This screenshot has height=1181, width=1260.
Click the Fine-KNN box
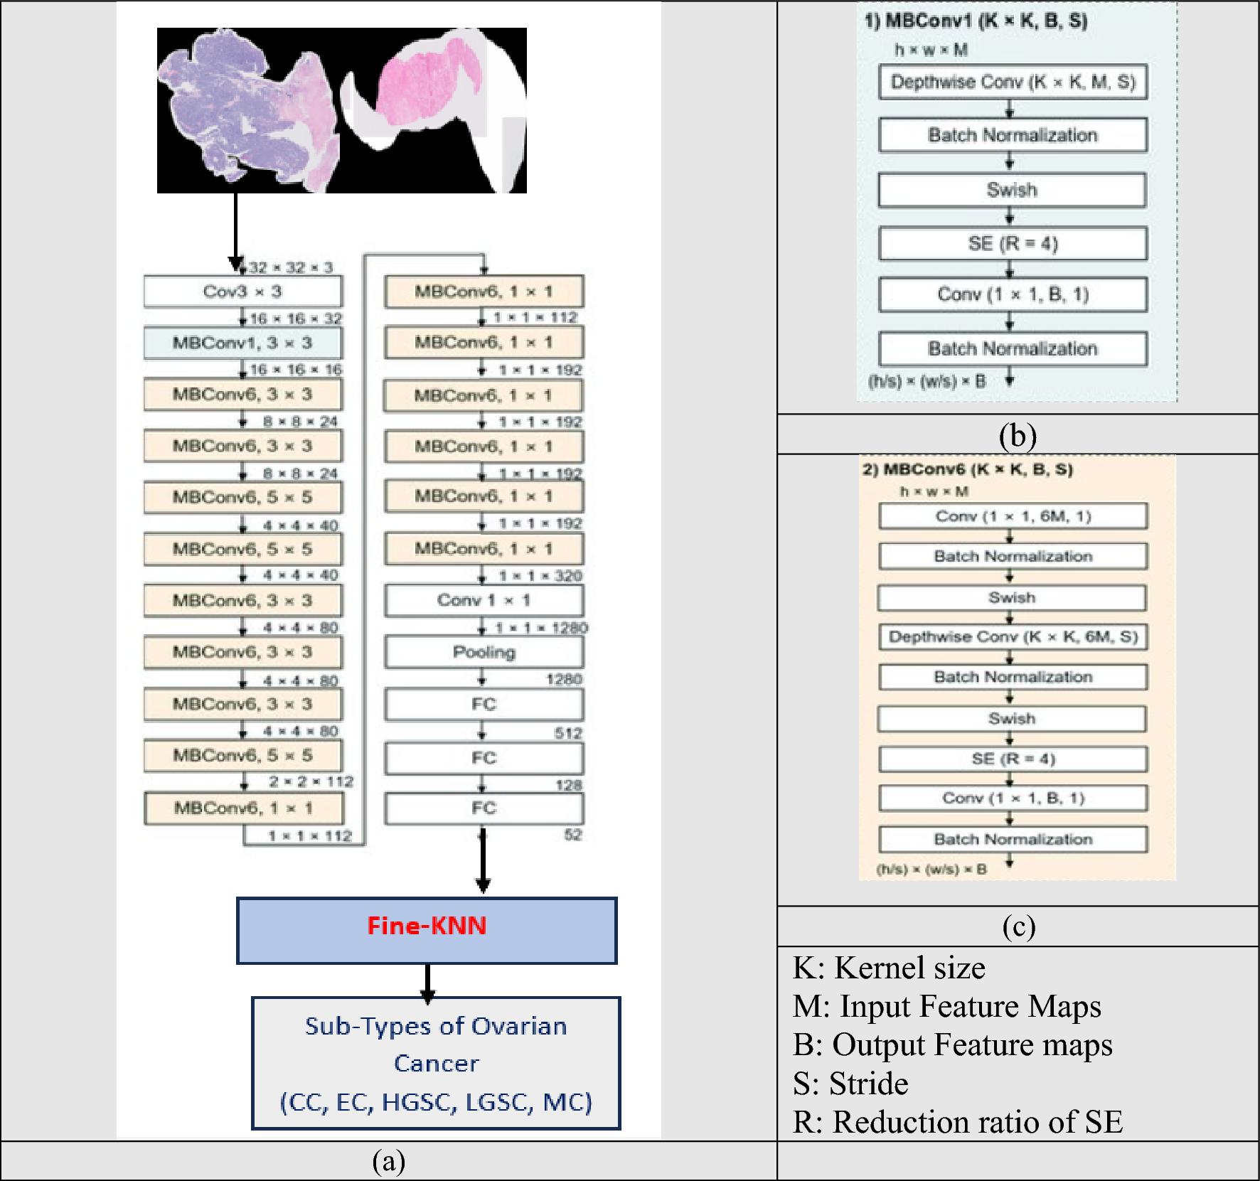coord(427,930)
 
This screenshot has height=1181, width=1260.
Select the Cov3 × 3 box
coord(242,292)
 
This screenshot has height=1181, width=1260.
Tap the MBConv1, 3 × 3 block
coord(242,343)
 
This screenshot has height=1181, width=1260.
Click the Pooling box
coord(484,652)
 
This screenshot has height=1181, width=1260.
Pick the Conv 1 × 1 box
coord(484,600)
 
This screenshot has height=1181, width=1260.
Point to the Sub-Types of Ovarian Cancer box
coord(436,1063)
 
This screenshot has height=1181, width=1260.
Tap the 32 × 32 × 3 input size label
coord(291,267)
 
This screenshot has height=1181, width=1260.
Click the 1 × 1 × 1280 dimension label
coord(541,628)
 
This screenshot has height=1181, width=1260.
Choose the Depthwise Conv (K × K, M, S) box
coord(1013,82)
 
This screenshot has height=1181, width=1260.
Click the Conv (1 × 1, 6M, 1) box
coord(1013,516)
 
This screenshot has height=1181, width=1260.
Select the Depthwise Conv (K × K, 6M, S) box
coord(1013,636)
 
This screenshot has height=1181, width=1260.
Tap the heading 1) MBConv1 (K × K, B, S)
coord(976,21)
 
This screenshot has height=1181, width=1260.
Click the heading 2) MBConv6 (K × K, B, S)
coord(967,469)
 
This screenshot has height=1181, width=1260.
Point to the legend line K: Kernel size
coord(889,968)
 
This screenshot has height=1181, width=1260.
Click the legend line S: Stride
coord(850,1084)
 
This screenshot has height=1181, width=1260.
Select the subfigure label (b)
coord(1018,435)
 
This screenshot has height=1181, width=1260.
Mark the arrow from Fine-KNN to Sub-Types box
coord(427,981)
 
